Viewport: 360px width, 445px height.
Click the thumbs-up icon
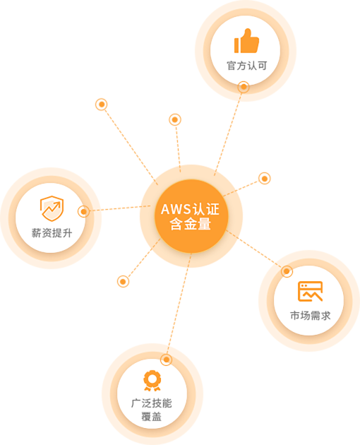tap(246, 41)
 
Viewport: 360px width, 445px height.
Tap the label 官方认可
tap(247, 66)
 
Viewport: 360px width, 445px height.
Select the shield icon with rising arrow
tap(52, 208)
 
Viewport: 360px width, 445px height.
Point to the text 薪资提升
tap(52, 233)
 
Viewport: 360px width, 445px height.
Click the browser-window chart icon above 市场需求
tap(310, 291)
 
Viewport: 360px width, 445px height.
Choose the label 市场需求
tap(311, 316)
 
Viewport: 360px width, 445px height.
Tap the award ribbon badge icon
tap(152, 381)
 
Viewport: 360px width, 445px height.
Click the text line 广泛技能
tap(152, 403)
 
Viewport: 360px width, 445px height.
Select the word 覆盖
tap(152, 417)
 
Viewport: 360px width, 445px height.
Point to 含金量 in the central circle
tap(191, 224)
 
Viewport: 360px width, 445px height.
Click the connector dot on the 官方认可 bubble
tap(244, 87)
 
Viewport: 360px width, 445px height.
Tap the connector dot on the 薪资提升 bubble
tap(83, 211)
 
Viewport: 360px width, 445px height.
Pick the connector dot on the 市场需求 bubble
tap(287, 272)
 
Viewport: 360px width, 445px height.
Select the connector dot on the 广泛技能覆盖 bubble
tap(167, 360)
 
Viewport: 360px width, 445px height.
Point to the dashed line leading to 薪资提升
tap(120, 208)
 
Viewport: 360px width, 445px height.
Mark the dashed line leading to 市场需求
tap(254, 249)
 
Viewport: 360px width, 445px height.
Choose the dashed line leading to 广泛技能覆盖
tap(179, 304)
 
